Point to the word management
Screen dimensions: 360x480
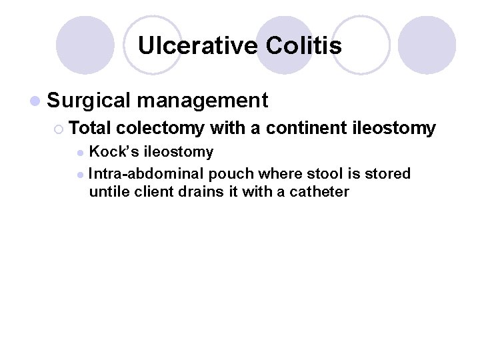click(203, 101)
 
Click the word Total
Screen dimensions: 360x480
click(90, 128)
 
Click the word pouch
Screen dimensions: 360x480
click(231, 174)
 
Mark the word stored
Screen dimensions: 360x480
click(388, 174)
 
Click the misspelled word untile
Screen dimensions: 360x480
click(107, 193)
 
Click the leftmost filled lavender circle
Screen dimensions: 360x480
click(85, 45)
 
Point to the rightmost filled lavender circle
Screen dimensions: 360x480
click(427, 45)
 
